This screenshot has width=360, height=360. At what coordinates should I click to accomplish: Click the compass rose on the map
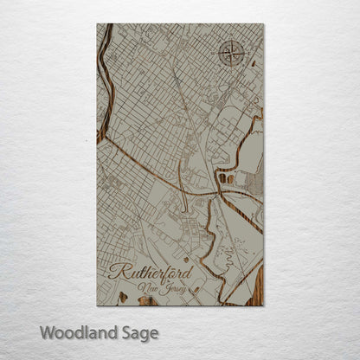tap(231, 54)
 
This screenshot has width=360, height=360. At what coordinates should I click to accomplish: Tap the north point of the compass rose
tap(231, 41)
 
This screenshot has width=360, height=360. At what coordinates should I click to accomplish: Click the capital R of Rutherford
tap(118, 271)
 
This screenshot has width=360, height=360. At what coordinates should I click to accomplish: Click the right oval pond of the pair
tap(230, 178)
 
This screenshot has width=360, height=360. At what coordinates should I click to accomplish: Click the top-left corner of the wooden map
tap(97, 24)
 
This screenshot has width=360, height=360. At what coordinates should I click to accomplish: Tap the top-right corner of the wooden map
tap(263, 24)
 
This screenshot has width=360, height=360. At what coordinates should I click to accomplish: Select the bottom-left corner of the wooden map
tap(97, 305)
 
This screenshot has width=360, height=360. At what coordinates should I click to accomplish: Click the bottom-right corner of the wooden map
tap(263, 305)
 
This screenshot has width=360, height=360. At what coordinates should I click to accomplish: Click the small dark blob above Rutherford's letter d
tap(186, 258)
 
